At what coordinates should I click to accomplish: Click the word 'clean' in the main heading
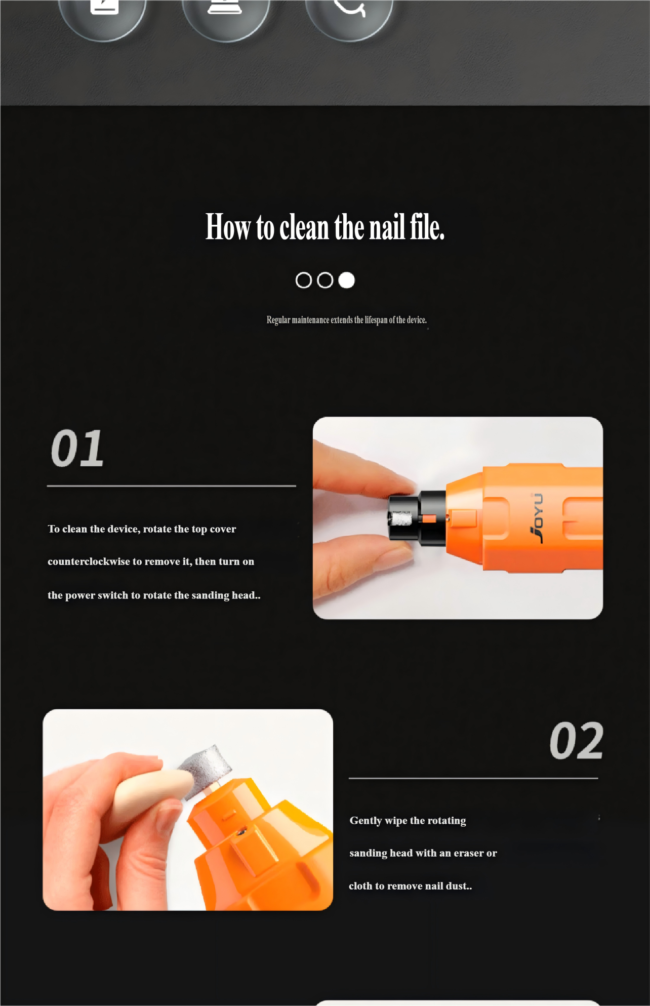304,227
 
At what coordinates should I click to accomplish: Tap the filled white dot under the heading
346,280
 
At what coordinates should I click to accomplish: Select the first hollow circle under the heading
304,280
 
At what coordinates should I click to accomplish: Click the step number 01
77,448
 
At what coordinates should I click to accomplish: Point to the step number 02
576,741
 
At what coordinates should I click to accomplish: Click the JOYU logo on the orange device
537,518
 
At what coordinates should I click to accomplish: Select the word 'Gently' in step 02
365,821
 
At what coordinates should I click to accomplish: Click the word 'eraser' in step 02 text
469,853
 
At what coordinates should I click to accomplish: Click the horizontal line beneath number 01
172,486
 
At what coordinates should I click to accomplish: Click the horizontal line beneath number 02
473,778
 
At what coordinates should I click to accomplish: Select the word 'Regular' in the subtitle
278,320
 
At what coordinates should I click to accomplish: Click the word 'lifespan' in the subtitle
376,320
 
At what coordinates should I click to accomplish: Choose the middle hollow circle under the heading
325,280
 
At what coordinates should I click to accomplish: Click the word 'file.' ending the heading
427,227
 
